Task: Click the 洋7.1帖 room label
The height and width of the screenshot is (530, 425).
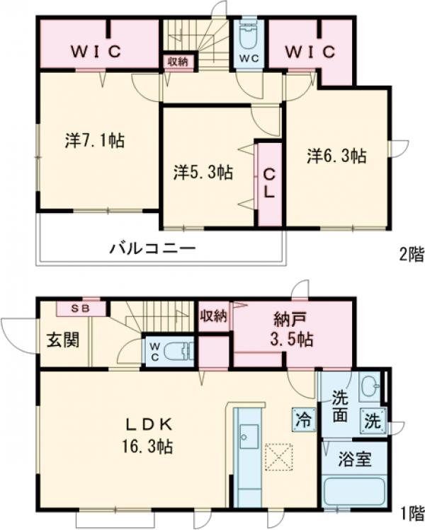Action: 95,141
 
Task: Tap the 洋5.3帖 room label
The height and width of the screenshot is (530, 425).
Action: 205,171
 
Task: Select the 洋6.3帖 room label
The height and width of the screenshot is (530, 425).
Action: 336,156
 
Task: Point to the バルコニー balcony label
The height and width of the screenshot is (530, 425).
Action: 152,249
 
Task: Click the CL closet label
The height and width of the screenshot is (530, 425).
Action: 270,182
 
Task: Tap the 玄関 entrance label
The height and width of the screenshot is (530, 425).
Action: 64,339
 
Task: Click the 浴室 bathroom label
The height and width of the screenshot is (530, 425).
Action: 354,460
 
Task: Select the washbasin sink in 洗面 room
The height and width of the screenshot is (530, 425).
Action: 370,386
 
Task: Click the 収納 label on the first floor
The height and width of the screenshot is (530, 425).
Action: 213,316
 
